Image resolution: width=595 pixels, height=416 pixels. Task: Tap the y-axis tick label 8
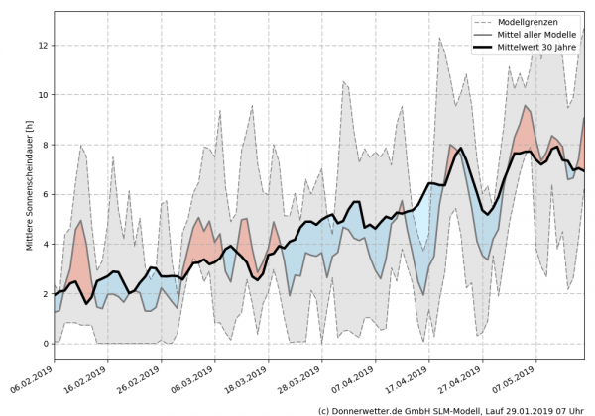44,145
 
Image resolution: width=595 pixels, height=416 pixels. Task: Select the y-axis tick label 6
44,194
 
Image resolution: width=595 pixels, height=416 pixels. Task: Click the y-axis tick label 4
44,244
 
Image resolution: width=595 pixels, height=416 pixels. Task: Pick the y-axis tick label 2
44,294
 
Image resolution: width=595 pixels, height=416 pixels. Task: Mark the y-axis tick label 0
44,344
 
